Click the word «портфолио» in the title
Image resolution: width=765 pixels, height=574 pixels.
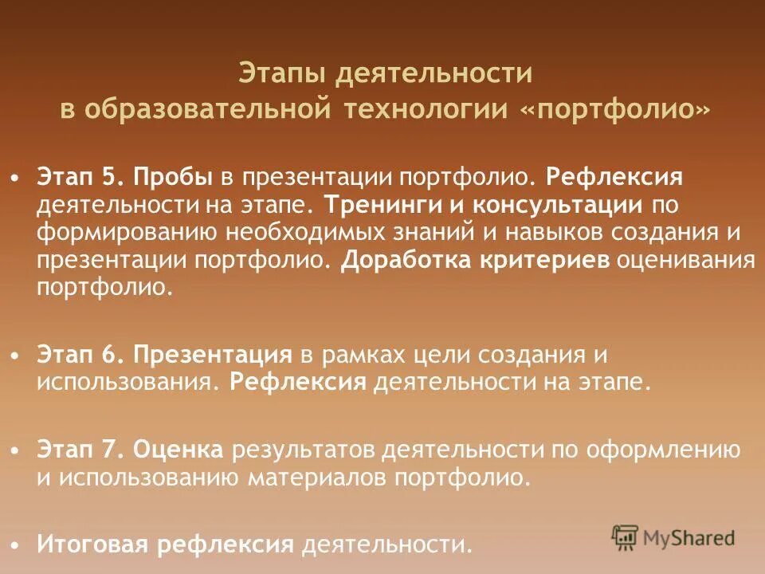click(x=613, y=108)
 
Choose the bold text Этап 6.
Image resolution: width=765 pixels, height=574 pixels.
click(x=78, y=353)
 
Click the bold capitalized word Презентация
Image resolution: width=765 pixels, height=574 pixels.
click(x=213, y=353)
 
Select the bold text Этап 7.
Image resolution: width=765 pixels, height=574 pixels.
click(x=78, y=450)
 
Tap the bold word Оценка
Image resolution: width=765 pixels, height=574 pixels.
click(x=178, y=450)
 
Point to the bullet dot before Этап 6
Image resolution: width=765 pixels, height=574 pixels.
click(x=17, y=354)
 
